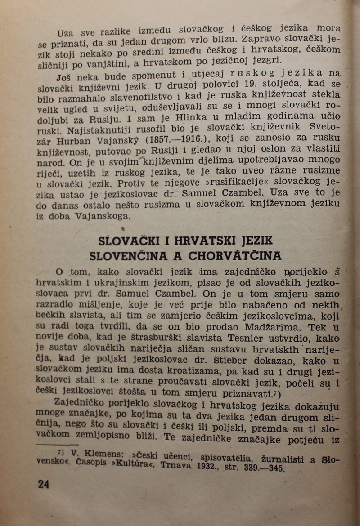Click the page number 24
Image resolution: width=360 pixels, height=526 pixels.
pos(44,484)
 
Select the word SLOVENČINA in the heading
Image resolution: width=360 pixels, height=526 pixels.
pos(129,257)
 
